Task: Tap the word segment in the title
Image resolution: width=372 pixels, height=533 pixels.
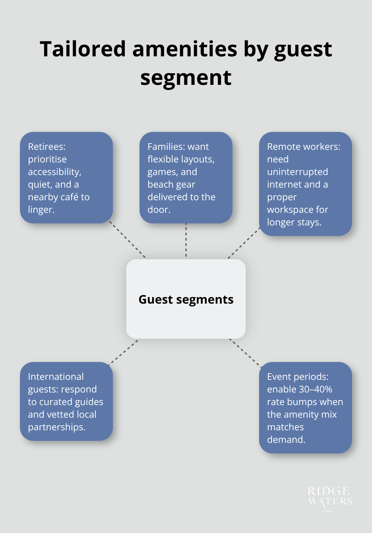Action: point(186,78)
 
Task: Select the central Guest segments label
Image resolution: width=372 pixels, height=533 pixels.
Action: point(186,299)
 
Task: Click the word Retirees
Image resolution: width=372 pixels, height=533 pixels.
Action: point(46,147)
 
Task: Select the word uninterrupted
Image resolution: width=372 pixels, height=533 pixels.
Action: point(297,172)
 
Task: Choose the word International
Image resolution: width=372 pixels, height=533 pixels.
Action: point(56,377)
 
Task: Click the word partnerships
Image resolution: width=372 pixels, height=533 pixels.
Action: point(56,427)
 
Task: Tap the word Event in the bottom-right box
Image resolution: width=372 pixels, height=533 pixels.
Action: point(280,377)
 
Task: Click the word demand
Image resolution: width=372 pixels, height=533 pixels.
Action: point(286,440)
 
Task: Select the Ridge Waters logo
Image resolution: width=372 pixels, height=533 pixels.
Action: point(330,497)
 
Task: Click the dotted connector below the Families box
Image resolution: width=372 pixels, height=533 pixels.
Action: point(186,240)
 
